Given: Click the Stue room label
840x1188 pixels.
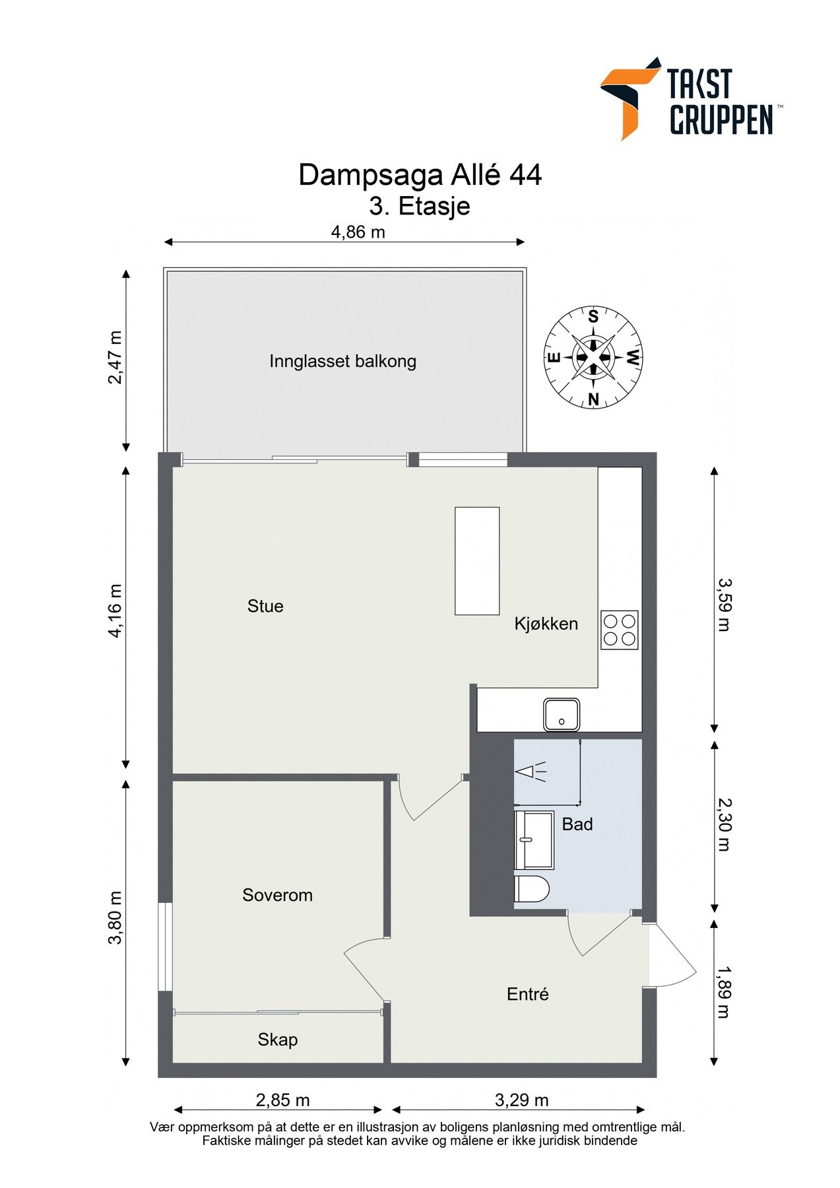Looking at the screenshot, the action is click(265, 606).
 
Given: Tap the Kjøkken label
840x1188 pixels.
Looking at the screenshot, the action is click(546, 624).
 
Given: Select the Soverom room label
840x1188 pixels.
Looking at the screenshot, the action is click(277, 895).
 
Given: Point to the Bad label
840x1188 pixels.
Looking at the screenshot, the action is click(577, 824).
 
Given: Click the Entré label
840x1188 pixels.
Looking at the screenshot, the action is click(528, 994).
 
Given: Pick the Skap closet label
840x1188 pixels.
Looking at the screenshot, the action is click(278, 1040).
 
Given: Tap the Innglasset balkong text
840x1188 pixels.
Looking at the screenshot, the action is click(342, 362).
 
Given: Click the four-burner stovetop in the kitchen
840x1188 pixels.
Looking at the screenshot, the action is click(620, 630).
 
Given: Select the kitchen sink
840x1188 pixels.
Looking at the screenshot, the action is click(562, 715).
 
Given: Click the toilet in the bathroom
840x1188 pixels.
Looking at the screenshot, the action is click(531, 889).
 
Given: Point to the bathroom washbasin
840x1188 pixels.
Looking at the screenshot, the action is click(534, 840).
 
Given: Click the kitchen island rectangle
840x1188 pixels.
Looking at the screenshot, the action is click(477, 561).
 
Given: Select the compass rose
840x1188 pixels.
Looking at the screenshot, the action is click(593, 358).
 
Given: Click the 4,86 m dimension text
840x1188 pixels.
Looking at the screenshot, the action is click(358, 232).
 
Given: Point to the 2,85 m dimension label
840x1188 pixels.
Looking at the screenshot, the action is click(282, 1100).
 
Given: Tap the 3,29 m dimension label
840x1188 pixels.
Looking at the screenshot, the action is click(521, 1100).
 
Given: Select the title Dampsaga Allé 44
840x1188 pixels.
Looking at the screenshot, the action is click(420, 175).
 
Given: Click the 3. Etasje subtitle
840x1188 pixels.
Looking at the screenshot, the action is click(420, 206).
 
